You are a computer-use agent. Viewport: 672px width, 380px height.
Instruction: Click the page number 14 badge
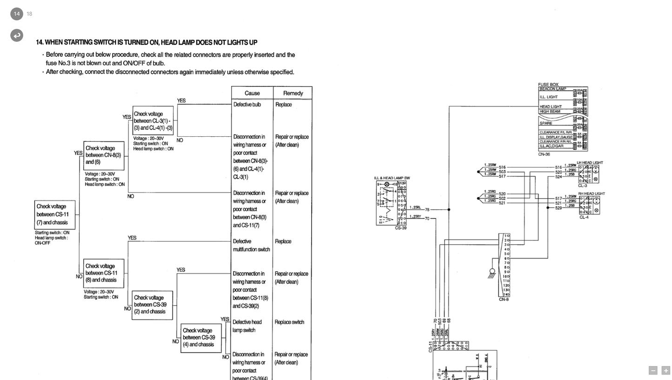point(17,14)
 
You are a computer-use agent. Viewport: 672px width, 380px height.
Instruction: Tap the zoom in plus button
point(666,371)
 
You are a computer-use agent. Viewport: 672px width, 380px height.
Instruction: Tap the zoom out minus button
point(653,371)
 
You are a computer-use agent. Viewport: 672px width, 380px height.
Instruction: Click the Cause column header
point(252,93)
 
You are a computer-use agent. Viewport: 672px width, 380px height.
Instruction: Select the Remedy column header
point(293,93)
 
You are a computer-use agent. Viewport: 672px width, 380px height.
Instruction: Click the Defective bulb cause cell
point(247,105)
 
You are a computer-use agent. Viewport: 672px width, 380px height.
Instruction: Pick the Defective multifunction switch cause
point(251,246)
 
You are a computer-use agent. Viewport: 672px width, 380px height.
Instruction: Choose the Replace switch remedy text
point(289,322)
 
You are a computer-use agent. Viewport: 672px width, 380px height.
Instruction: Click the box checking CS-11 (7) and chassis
point(55,214)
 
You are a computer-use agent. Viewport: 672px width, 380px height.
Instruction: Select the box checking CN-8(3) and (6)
point(104,155)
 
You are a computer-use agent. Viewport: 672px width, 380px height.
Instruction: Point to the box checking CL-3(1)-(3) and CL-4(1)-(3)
point(153,120)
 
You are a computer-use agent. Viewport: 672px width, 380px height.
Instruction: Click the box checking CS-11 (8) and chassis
point(104,273)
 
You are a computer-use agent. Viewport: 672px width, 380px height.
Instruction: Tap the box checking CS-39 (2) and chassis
point(152,305)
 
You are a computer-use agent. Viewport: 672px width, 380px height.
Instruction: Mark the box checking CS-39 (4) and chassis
point(201,338)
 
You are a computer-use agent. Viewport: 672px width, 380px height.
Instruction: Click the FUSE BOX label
point(548,85)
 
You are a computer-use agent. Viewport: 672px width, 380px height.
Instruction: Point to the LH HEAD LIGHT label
point(590,163)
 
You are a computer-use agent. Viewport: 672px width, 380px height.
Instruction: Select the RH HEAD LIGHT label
point(592,193)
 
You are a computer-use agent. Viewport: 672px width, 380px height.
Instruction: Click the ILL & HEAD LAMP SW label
point(392,178)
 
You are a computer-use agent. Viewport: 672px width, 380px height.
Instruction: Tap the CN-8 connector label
point(504,300)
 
